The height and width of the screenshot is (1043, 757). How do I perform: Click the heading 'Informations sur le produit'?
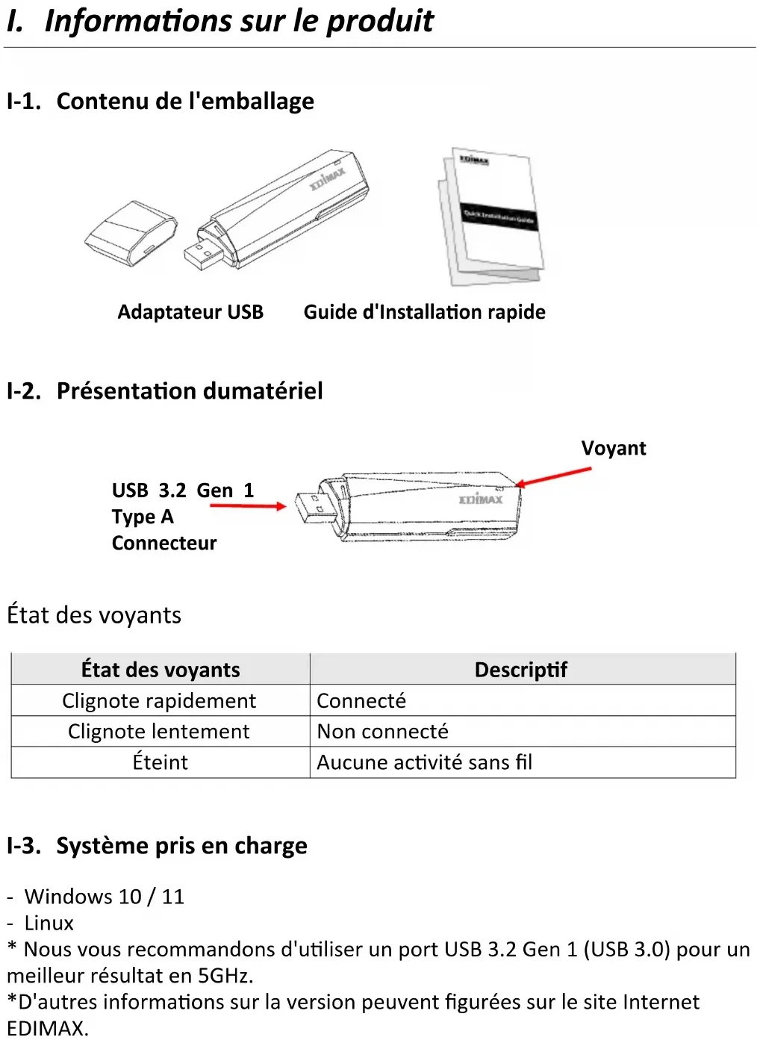pyautogui.click(x=239, y=22)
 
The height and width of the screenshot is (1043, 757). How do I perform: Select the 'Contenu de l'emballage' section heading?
pyautogui.click(x=185, y=101)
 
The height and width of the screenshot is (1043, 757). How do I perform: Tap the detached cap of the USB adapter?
pyautogui.click(x=131, y=234)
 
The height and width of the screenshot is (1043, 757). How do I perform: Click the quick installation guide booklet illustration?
pyautogui.click(x=490, y=216)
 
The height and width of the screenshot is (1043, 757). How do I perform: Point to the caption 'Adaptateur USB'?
pyautogui.click(x=190, y=312)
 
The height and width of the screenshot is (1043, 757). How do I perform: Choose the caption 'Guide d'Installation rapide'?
pyautogui.click(x=425, y=312)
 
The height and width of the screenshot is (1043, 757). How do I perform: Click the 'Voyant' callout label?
pyautogui.click(x=614, y=449)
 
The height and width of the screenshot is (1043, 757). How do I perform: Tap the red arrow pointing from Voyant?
pyautogui.click(x=553, y=477)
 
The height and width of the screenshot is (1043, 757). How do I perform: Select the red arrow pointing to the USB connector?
pyautogui.click(x=248, y=506)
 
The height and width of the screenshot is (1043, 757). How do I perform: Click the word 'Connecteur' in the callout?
pyautogui.click(x=164, y=544)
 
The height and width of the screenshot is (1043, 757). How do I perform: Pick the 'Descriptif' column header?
pyautogui.click(x=521, y=670)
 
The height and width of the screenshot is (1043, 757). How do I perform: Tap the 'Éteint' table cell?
pyautogui.click(x=161, y=762)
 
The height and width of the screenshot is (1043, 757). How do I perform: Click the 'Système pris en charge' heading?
pyautogui.click(x=182, y=846)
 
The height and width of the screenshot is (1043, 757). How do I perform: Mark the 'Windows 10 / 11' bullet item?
pyautogui.click(x=105, y=897)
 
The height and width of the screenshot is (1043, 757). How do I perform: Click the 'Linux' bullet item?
pyautogui.click(x=49, y=923)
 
